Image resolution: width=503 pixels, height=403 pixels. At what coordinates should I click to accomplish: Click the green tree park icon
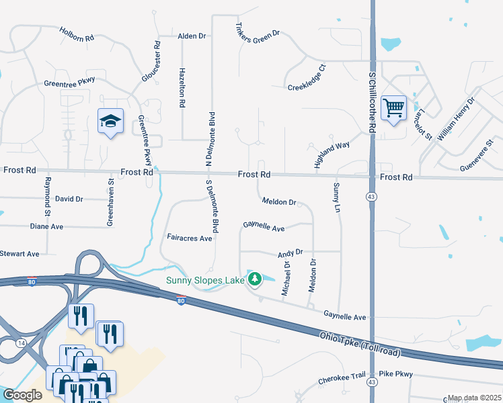tap(255, 279)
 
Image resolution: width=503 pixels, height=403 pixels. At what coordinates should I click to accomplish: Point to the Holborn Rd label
tap(76, 35)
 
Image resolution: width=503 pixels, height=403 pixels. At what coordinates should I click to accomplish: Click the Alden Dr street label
tap(191, 36)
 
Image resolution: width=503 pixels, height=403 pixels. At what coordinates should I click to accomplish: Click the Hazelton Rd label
tap(182, 87)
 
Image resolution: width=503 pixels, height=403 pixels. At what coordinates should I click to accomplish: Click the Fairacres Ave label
tap(189, 238)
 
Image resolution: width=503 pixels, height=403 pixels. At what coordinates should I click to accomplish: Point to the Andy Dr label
tap(291, 253)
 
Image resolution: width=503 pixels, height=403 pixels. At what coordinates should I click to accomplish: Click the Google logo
tap(22, 395)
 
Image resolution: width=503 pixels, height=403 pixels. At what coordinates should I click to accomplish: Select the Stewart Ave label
tap(20, 254)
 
